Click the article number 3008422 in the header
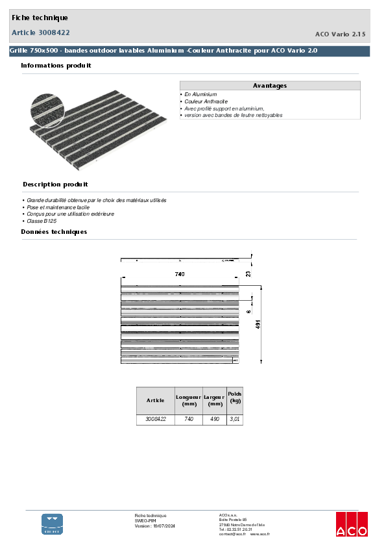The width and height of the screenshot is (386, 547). point(41,32)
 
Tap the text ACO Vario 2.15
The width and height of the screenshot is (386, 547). point(340,33)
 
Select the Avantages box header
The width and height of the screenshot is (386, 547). point(269,86)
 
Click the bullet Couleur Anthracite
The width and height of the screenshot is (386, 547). point(206,101)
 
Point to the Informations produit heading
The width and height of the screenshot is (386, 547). point(56,66)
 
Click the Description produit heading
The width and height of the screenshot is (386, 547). point(55,184)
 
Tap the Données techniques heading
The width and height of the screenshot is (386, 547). point(54,232)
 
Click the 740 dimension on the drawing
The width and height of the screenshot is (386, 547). point(180,274)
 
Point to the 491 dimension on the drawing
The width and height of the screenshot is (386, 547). point(258,325)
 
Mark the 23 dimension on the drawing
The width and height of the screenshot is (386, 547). point(248,274)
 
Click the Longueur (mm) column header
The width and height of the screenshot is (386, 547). point(189,400)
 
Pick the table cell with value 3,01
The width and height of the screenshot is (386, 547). point(235,420)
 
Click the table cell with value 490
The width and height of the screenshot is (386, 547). point(214,420)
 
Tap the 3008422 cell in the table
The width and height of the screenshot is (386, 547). point(156,420)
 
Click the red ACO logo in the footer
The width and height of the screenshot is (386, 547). point(351,524)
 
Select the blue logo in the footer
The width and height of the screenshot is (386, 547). point(53,524)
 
